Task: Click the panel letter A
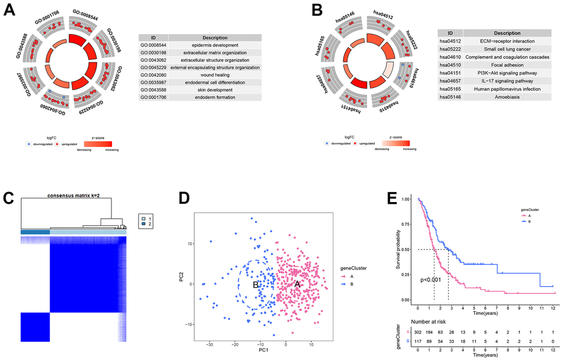click(x=10, y=10)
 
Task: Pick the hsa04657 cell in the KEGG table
click(x=450, y=78)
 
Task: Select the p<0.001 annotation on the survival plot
click(x=431, y=280)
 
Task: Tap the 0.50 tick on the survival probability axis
click(x=407, y=249)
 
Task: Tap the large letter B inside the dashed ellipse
click(x=255, y=285)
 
